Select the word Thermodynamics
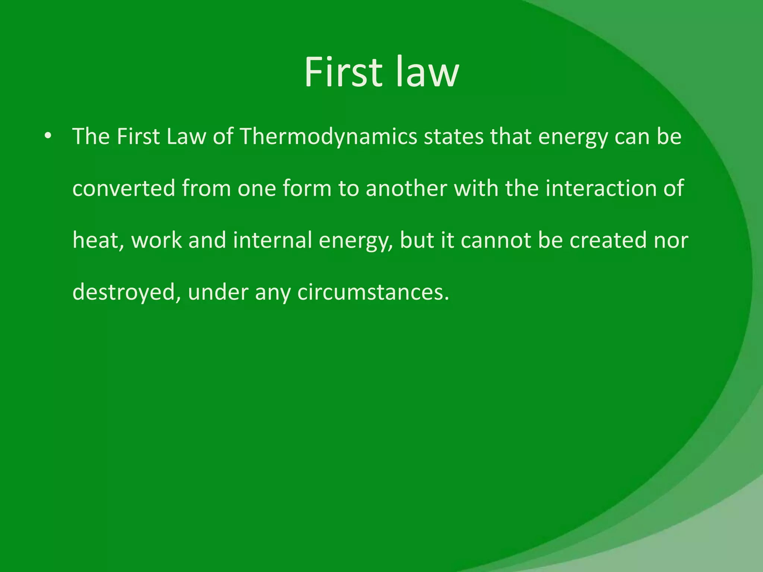coord(328,137)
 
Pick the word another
coord(406,188)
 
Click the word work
coord(156,241)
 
